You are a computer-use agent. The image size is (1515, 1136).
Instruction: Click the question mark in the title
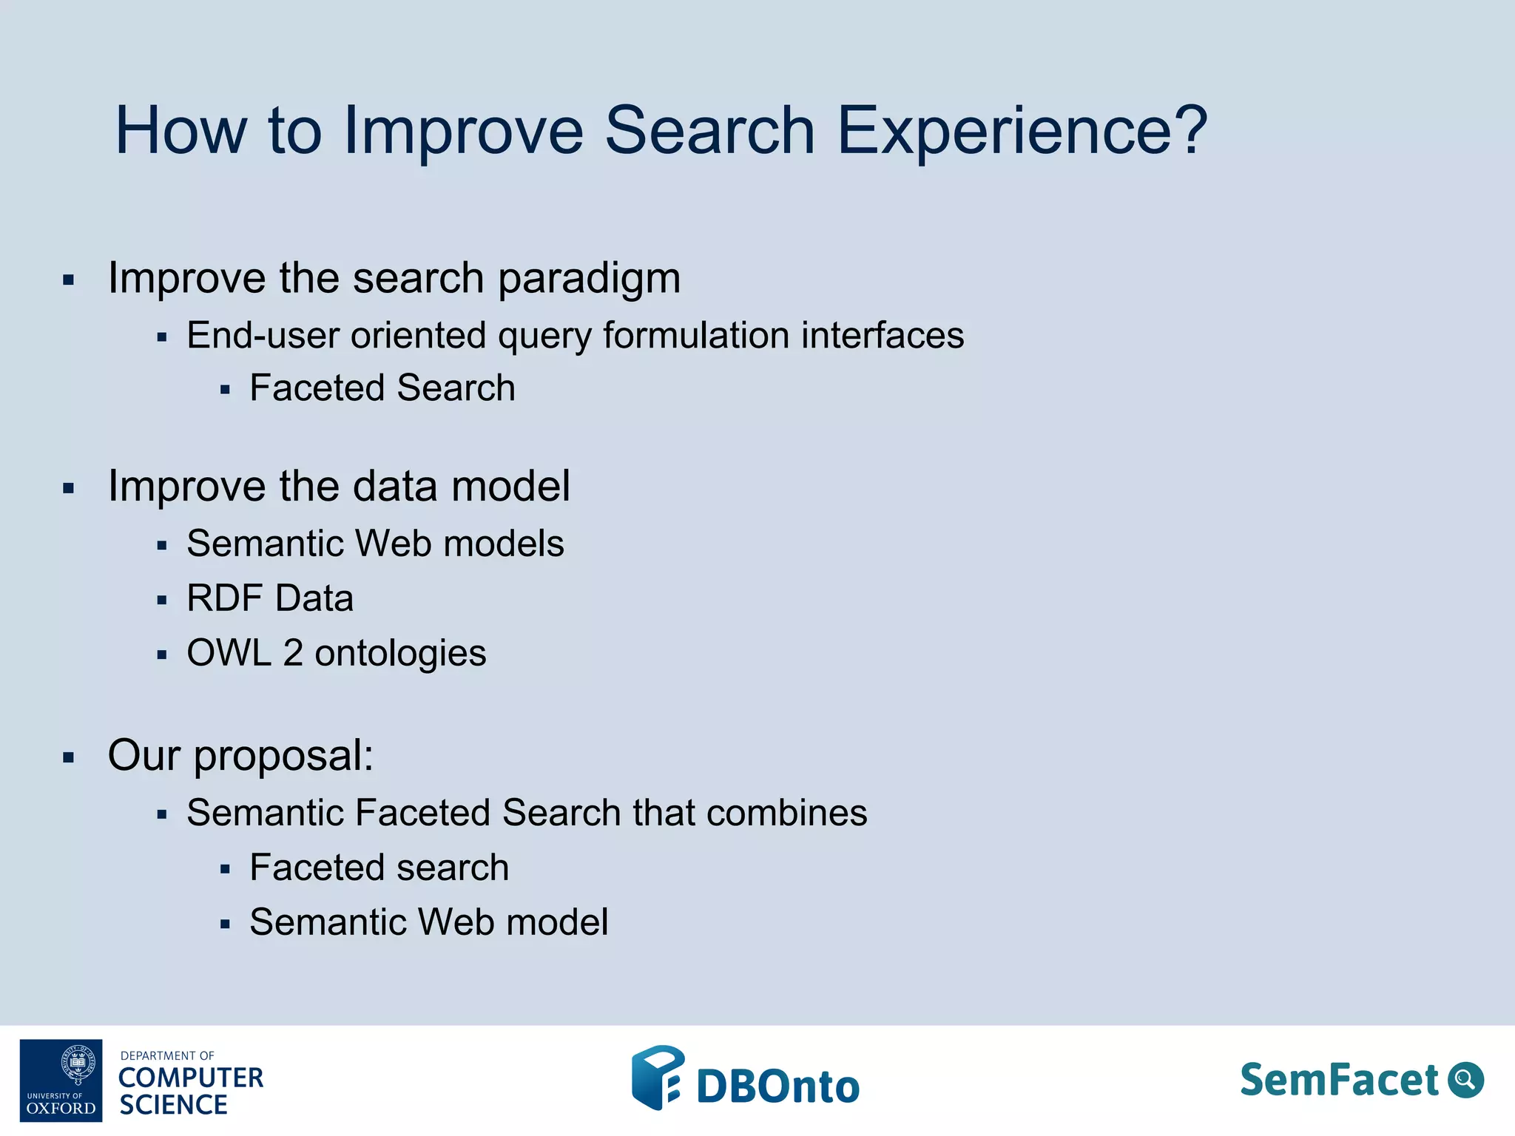(1188, 130)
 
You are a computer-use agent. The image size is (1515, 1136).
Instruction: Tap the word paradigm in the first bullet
(589, 280)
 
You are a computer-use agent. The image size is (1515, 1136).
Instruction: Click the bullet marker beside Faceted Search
(226, 390)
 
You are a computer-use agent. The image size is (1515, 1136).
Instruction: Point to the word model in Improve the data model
(510, 487)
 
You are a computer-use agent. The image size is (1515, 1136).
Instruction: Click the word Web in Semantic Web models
(394, 544)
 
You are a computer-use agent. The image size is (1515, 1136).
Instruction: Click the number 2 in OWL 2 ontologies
(293, 653)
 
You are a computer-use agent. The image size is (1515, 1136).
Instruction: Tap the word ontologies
(400, 654)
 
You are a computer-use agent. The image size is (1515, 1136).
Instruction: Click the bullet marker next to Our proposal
(69, 757)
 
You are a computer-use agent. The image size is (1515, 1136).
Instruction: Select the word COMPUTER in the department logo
(191, 1078)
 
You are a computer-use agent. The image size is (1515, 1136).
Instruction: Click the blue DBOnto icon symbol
(657, 1078)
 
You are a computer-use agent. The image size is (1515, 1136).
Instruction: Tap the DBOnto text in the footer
(777, 1086)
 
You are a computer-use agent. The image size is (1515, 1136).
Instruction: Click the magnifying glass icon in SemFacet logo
(1465, 1080)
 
